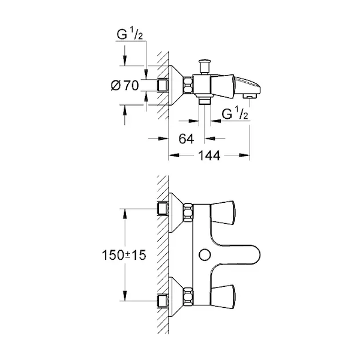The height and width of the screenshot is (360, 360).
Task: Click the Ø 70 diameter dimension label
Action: [125, 85]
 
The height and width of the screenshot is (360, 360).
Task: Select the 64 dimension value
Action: [186, 139]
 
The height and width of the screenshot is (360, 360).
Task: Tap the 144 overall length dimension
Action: [209, 155]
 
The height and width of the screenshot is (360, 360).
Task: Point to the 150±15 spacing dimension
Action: [124, 255]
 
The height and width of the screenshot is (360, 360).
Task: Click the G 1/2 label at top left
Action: [130, 35]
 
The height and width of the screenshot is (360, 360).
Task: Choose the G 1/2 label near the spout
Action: [235, 114]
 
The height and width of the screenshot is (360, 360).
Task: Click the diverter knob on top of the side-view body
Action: [204, 67]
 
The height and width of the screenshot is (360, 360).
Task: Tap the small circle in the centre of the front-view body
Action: [204, 254]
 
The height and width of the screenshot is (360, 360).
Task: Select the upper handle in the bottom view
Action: [223, 212]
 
